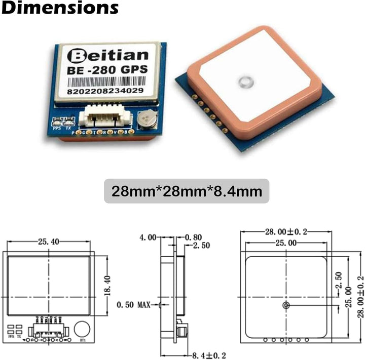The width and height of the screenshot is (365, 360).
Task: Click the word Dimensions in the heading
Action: [60, 9]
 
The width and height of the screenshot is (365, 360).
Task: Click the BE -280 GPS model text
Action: [108, 70]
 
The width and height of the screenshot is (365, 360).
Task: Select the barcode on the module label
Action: [108, 82]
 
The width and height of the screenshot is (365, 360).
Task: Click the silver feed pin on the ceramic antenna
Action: [245, 82]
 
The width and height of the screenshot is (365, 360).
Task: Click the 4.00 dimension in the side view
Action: [148, 237]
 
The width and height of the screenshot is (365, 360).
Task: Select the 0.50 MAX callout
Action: [133, 305]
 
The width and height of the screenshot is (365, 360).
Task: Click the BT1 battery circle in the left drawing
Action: [82, 328]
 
